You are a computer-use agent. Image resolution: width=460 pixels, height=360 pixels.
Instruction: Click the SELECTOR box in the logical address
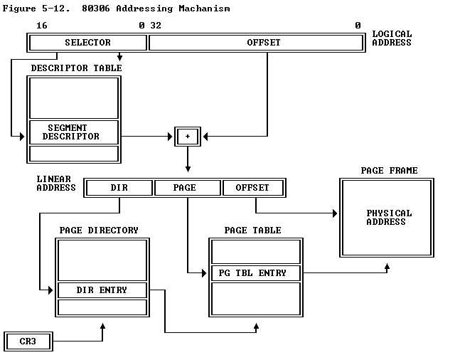[87, 43]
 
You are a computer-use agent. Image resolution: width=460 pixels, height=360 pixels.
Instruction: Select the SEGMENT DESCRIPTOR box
[73, 132]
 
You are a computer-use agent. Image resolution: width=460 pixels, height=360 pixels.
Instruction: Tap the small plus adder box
[188, 136]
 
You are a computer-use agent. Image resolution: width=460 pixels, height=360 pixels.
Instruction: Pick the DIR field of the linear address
[119, 188]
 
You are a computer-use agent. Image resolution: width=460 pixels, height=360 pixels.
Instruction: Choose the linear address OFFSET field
[252, 188]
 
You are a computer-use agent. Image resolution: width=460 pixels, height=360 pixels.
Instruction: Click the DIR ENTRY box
[102, 290]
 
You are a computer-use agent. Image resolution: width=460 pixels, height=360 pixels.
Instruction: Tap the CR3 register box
[28, 342]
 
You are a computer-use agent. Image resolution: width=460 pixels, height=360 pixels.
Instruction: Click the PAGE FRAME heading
[389, 171]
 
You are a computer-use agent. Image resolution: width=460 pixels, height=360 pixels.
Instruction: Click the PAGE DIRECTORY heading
[99, 231]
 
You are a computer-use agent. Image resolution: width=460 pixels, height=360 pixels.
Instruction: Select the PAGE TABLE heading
[252, 231]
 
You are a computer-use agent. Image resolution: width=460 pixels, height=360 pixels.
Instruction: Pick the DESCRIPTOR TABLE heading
[76, 68]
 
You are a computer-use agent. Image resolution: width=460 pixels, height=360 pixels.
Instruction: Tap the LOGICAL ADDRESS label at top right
[392, 38]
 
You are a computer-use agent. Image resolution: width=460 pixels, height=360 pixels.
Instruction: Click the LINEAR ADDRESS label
[56, 184]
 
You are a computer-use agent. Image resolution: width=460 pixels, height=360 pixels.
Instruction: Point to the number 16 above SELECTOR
[41, 26]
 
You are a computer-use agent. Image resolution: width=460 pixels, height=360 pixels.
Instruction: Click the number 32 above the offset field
[155, 26]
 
